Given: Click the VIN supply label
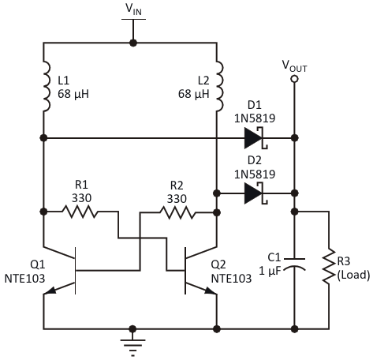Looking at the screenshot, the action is tap(133, 9).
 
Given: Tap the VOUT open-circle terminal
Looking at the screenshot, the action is tap(294, 79).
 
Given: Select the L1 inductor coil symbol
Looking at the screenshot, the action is tap(47, 87).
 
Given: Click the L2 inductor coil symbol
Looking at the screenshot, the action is tap(220, 87).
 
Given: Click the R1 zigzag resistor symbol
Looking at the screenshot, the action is tap(80, 212).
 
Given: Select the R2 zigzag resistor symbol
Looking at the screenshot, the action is tap(177, 212).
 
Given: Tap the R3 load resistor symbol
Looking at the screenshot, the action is tap(329, 266).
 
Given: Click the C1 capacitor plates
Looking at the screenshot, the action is tap(295, 264).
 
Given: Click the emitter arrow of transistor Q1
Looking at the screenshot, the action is tap(50, 290).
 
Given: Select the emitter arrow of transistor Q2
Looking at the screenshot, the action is tap(211, 291).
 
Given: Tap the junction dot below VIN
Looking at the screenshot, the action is tap(133, 43).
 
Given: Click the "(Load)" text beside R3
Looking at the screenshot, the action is tap(353, 275).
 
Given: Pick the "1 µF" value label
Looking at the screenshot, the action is tap(270, 271).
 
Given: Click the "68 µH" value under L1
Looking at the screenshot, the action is tap(73, 94).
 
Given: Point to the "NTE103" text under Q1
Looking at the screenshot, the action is tap(25, 279).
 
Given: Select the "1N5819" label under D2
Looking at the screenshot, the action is tap(255, 174).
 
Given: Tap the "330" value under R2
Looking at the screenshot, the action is tap(177, 199).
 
